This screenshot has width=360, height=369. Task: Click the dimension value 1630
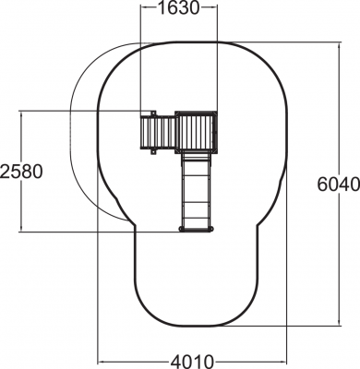point(179,8)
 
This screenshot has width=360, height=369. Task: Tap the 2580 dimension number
point(21,172)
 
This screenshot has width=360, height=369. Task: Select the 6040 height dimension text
point(339,184)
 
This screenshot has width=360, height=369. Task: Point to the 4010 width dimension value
point(192,362)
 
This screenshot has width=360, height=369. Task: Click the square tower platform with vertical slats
point(197,133)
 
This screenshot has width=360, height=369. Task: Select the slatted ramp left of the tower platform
point(158,133)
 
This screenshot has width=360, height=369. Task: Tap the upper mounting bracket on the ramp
point(152,113)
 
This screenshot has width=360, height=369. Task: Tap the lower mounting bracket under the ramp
point(153,152)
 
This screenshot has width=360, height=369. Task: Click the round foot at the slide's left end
point(181,229)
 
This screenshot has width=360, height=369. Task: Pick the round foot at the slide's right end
point(211,229)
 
